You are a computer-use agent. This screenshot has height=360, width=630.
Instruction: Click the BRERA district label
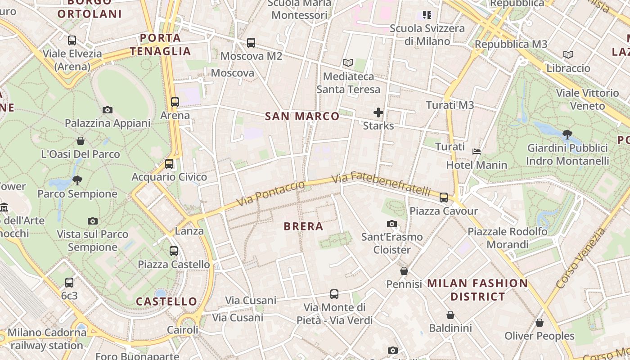[x=303, y=226]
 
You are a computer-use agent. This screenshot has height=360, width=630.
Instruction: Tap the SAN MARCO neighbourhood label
[x=302, y=116]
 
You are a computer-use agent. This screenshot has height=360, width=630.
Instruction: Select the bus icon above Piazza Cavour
[x=444, y=197]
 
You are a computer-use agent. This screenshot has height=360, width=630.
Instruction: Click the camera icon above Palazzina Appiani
[x=107, y=110]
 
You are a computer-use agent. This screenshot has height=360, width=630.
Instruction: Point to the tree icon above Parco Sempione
[x=77, y=180]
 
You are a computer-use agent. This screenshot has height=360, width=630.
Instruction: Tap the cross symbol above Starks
[x=378, y=112]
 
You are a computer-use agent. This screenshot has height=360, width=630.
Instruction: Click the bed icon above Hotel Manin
[x=477, y=152]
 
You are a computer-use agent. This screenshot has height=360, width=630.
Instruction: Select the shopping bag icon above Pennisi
[x=404, y=271]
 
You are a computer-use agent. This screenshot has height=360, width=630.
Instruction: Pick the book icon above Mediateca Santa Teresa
[x=348, y=63]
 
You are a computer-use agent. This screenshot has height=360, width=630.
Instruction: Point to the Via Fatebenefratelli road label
[x=382, y=183]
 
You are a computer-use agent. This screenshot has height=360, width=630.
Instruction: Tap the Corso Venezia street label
[x=581, y=259]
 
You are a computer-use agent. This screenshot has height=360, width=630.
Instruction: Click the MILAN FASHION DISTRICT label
[x=477, y=290]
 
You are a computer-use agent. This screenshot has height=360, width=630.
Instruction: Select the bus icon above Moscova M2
[x=251, y=43]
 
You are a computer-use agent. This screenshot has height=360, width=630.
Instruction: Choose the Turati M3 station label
[x=450, y=105]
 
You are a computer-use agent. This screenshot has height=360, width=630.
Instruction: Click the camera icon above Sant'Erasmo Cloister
[x=392, y=224]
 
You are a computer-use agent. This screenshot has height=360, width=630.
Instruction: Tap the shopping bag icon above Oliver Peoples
[x=539, y=323]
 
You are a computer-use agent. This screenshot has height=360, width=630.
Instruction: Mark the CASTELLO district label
[x=166, y=301]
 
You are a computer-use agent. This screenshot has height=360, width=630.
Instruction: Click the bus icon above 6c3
[x=69, y=282]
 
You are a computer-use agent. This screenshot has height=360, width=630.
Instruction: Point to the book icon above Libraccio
[x=568, y=55]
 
